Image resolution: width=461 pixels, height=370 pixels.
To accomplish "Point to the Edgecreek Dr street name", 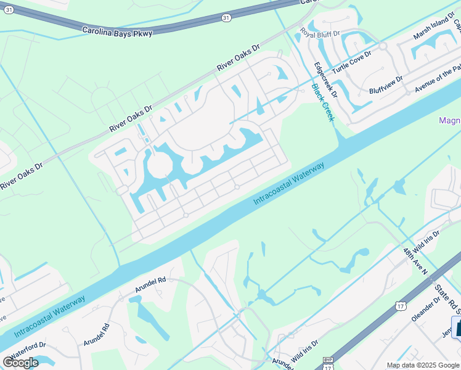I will coord(325,80).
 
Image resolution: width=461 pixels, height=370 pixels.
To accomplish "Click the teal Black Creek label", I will coord(322,102).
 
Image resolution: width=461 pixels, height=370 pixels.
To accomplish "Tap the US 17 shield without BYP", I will coord(401,306).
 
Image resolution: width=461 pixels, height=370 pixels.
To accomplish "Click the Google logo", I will coord(20,363).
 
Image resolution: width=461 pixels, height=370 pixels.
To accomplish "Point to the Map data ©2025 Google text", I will coord(423,365).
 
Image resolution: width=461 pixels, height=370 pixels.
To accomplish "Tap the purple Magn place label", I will coord(449,120).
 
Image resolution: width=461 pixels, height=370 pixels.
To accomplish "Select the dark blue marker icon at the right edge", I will coord(457,327).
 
